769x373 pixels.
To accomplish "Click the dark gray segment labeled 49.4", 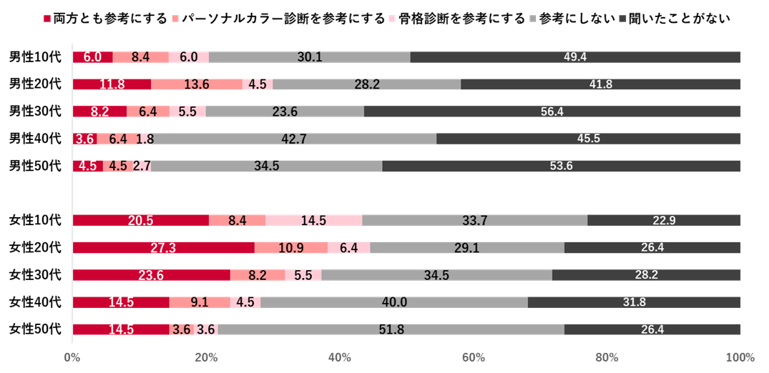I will (x=575, y=57).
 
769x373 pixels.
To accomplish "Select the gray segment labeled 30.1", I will (x=309, y=57).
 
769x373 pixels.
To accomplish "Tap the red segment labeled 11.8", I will (x=112, y=84).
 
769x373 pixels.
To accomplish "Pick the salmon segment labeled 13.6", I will (x=196, y=84).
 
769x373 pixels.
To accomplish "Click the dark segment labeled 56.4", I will (x=552, y=111).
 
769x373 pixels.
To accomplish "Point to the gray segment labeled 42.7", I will (x=294, y=139).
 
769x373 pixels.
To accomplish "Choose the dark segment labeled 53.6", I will (x=562, y=166).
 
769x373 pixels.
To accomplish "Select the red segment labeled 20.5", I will (x=140, y=221).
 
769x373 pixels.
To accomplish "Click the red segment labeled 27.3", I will (x=163, y=248).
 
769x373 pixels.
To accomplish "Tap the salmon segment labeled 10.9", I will (x=290, y=248).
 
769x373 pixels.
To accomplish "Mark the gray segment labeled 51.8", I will (x=391, y=329).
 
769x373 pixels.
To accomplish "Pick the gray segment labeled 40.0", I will (x=394, y=302).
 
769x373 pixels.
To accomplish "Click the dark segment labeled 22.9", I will (x=664, y=221).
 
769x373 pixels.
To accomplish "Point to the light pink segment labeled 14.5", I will (x=313, y=221).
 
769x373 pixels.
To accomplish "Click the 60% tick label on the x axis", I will (x=474, y=357).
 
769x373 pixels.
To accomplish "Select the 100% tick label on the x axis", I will (x=740, y=357).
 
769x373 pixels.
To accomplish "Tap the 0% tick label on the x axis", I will (x=72, y=357).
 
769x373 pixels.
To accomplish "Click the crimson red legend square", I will (x=47, y=19).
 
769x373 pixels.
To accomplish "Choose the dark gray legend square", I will (x=622, y=19).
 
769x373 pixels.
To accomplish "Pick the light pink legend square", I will (x=392, y=19).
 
